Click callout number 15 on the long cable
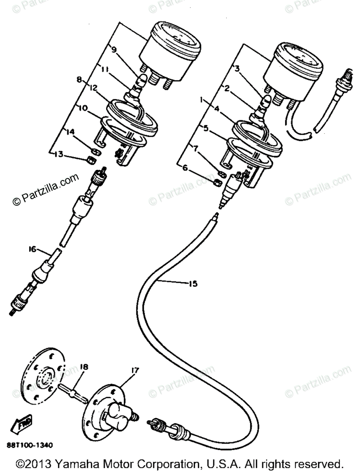click(193, 283)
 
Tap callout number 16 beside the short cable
click(32, 249)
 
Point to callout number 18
click(84, 367)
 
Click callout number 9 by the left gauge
click(114, 50)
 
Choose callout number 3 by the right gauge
click(237, 69)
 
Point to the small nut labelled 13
click(90, 160)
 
